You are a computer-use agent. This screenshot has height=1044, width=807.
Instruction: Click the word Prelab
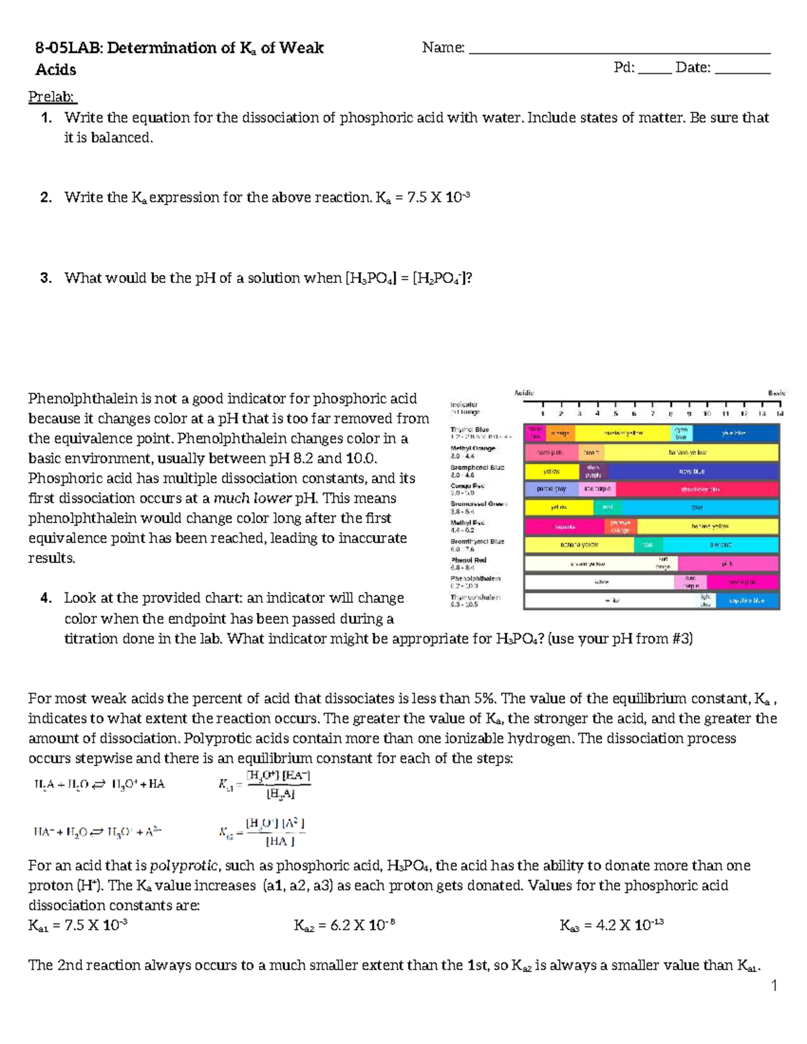(x=52, y=97)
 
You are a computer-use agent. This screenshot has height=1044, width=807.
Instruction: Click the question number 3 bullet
(x=46, y=278)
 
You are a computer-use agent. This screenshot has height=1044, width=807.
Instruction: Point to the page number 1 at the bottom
(x=774, y=986)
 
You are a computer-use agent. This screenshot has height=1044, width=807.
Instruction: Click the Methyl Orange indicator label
(x=473, y=448)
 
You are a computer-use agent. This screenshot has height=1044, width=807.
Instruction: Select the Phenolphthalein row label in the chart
(x=475, y=578)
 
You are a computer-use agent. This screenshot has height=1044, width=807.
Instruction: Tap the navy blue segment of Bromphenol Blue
(x=692, y=471)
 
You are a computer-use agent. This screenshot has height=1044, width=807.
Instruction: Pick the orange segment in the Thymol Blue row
(x=561, y=434)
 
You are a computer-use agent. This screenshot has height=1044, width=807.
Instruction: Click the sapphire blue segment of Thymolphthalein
(x=746, y=600)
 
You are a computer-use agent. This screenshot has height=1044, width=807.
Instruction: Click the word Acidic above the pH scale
(x=525, y=393)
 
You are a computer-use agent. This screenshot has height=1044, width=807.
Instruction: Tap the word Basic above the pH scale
(x=776, y=393)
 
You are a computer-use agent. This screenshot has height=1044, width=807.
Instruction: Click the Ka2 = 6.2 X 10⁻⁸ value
(x=344, y=926)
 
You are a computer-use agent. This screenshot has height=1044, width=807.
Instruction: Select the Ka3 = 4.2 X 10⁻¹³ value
(x=611, y=926)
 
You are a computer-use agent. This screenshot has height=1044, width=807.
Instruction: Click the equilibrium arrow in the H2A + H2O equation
(x=99, y=784)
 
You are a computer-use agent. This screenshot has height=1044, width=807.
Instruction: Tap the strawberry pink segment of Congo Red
(x=696, y=489)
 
